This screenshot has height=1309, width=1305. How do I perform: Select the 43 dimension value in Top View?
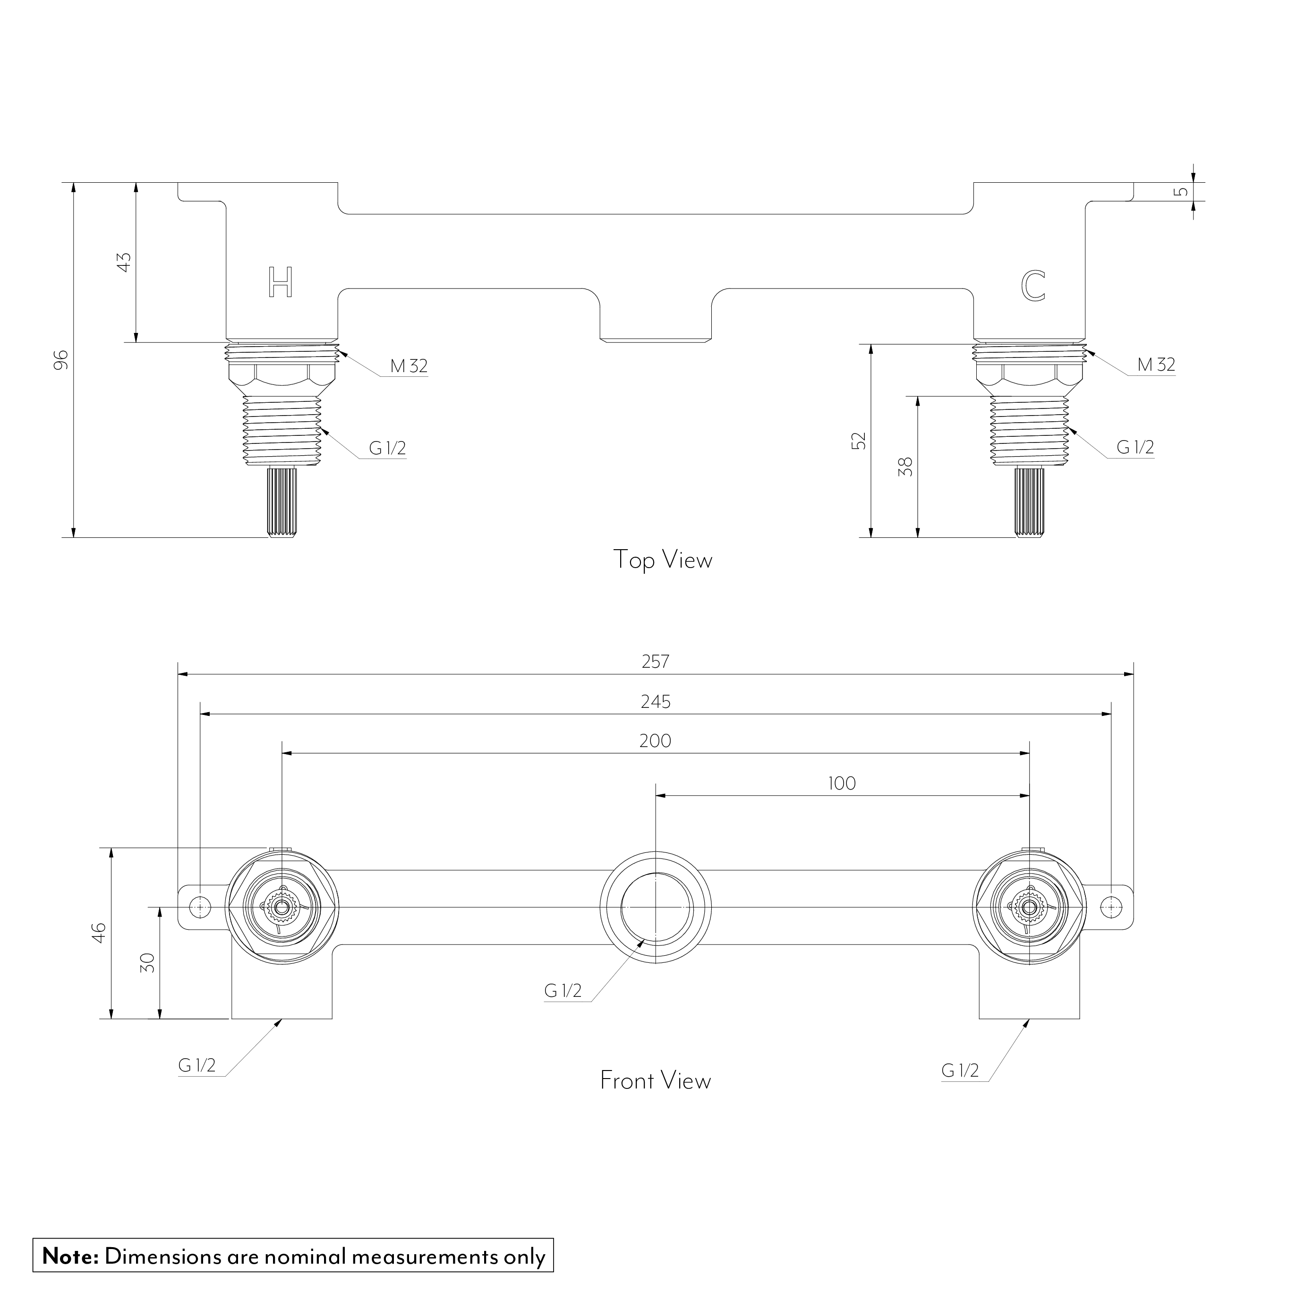pos(124,262)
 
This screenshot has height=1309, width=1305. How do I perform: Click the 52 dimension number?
pos(859,441)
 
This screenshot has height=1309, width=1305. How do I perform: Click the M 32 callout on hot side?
pos(409,366)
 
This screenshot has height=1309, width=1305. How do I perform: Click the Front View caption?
pos(655,1080)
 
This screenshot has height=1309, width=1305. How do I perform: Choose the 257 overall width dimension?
pos(655,661)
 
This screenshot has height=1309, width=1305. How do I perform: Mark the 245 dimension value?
pos(655,701)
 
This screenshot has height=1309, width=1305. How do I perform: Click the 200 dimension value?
pos(655,740)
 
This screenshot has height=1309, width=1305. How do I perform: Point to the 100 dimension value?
pos(842,783)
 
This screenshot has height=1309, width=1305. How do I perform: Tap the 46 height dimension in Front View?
pos(99,932)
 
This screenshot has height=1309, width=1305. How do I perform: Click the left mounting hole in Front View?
pos(199,907)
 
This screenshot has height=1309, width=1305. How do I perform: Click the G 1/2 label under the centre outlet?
pos(563,991)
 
